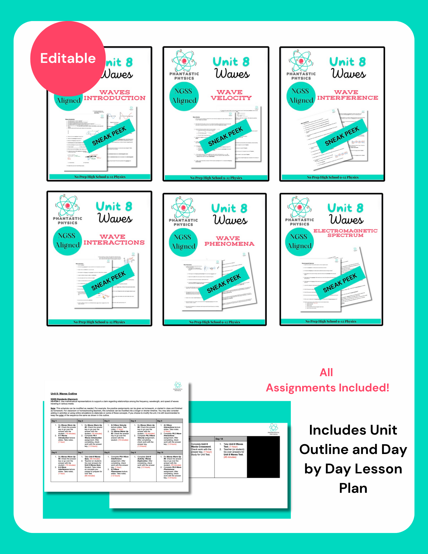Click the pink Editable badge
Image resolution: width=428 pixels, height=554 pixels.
(68, 58)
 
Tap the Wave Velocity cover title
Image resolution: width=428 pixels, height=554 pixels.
(231, 95)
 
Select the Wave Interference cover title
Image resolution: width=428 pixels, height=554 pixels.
(347, 95)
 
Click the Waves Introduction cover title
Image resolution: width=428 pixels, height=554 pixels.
(114, 95)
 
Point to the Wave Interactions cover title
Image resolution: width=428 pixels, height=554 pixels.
(114, 240)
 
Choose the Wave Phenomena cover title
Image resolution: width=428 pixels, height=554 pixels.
(229, 241)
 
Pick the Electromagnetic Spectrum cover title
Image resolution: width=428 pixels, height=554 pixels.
(345, 233)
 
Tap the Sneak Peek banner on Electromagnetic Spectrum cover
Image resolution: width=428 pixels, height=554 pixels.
(340, 283)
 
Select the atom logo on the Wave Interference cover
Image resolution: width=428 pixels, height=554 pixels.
(301, 61)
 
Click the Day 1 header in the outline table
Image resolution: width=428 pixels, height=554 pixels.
(54, 421)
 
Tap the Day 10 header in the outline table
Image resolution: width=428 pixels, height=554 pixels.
(160, 452)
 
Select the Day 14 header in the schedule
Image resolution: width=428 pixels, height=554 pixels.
(219, 439)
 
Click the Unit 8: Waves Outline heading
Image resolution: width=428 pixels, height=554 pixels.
(64, 394)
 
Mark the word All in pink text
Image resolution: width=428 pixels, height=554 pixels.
(326, 373)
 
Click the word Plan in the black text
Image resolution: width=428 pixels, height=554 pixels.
(353, 488)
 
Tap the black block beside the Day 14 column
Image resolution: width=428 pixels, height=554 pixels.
(263, 457)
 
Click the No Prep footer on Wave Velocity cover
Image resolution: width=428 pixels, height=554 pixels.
(216, 178)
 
